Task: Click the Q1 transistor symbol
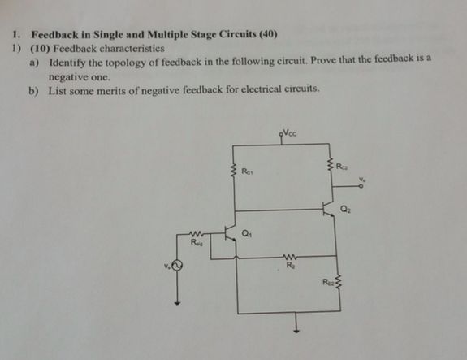coord(230,236)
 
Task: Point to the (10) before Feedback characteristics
coord(38,48)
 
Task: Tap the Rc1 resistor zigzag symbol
coord(235,171)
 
